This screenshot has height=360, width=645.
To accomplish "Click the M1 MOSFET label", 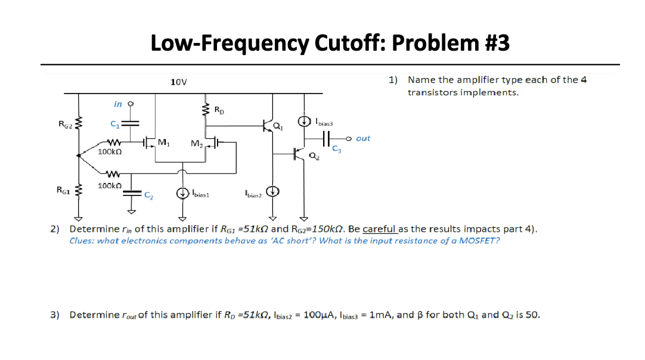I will [163, 142].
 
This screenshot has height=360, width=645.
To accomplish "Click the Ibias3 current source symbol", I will [305, 122].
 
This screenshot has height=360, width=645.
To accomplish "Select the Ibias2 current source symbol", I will [273, 191].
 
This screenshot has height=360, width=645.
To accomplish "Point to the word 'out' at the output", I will [363, 138].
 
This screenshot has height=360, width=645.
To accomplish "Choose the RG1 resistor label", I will [63, 190].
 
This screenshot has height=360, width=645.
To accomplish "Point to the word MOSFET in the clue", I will [482, 240].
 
